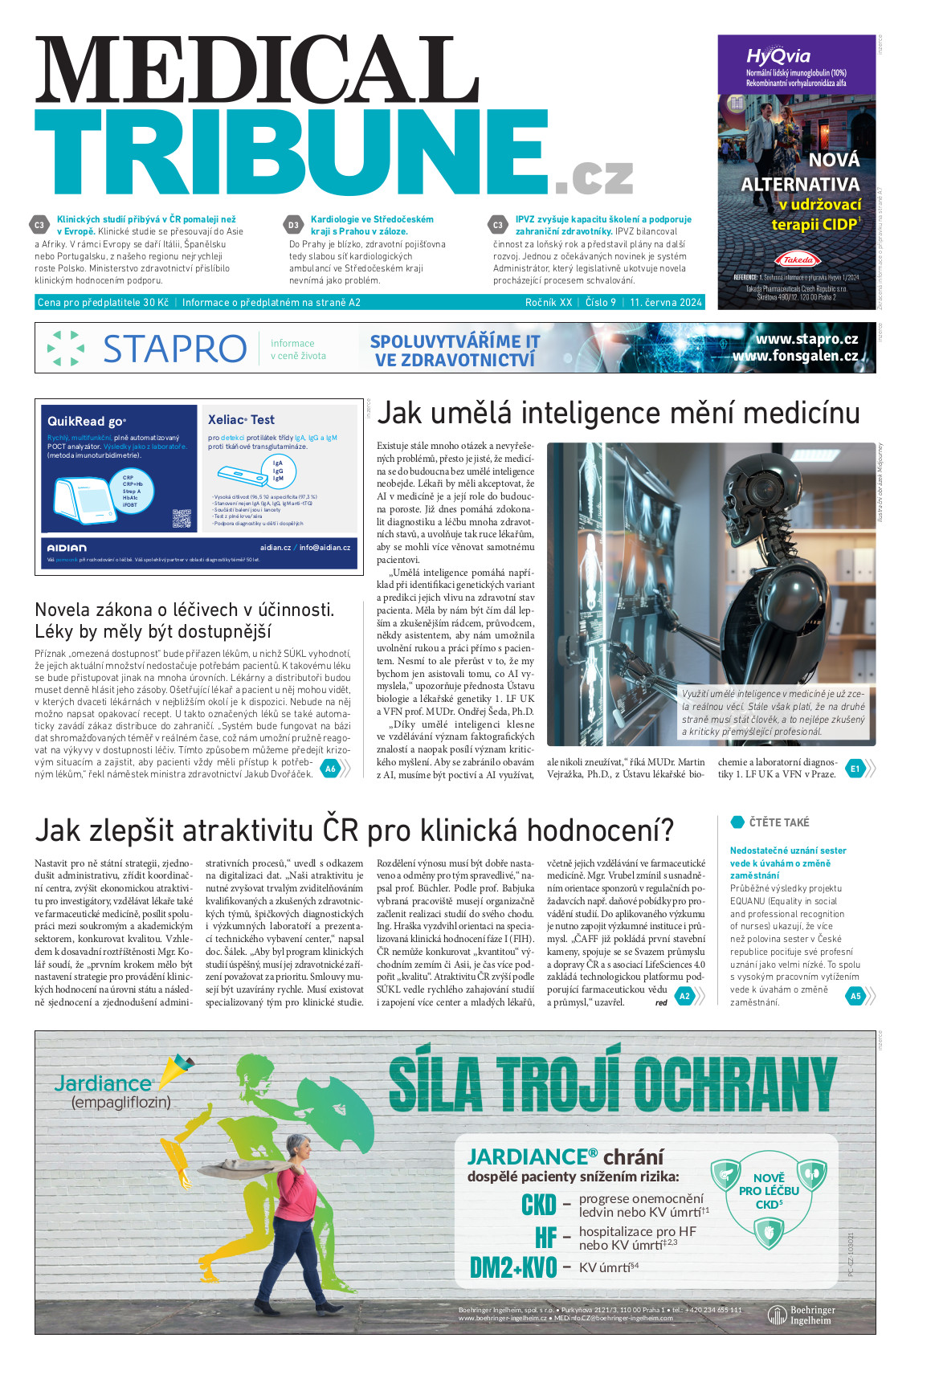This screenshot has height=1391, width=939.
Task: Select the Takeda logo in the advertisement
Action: pyautogui.click(x=797, y=259)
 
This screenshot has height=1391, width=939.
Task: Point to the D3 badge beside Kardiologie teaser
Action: pyautogui.click(x=293, y=225)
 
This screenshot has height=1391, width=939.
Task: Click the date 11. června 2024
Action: pyautogui.click(x=666, y=303)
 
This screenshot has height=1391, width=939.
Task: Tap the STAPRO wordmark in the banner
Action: pyautogui.click(x=174, y=349)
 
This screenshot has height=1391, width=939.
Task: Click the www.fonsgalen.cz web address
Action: pyautogui.click(x=794, y=356)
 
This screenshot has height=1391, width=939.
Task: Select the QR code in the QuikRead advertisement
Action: pyautogui.click(x=182, y=519)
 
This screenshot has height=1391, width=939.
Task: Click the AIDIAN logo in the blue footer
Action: pyautogui.click(x=67, y=548)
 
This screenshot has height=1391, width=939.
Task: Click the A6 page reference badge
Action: pyautogui.click(x=329, y=769)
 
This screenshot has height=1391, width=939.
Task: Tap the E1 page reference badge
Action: pyautogui.click(x=855, y=769)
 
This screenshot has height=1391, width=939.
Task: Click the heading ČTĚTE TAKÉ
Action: pyautogui.click(x=778, y=822)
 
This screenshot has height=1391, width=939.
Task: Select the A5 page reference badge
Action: pyautogui.click(x=855, y=996)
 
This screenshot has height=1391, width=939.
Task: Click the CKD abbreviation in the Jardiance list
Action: pyautogui.click(x=538, y=1205)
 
